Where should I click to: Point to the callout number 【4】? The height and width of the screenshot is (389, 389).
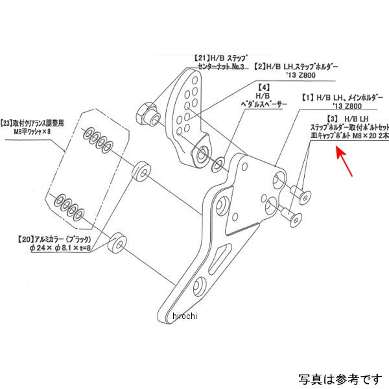coord(264,87)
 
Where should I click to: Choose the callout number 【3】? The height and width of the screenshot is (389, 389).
coord(333,120)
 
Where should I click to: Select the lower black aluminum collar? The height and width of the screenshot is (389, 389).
coord(119,241)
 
